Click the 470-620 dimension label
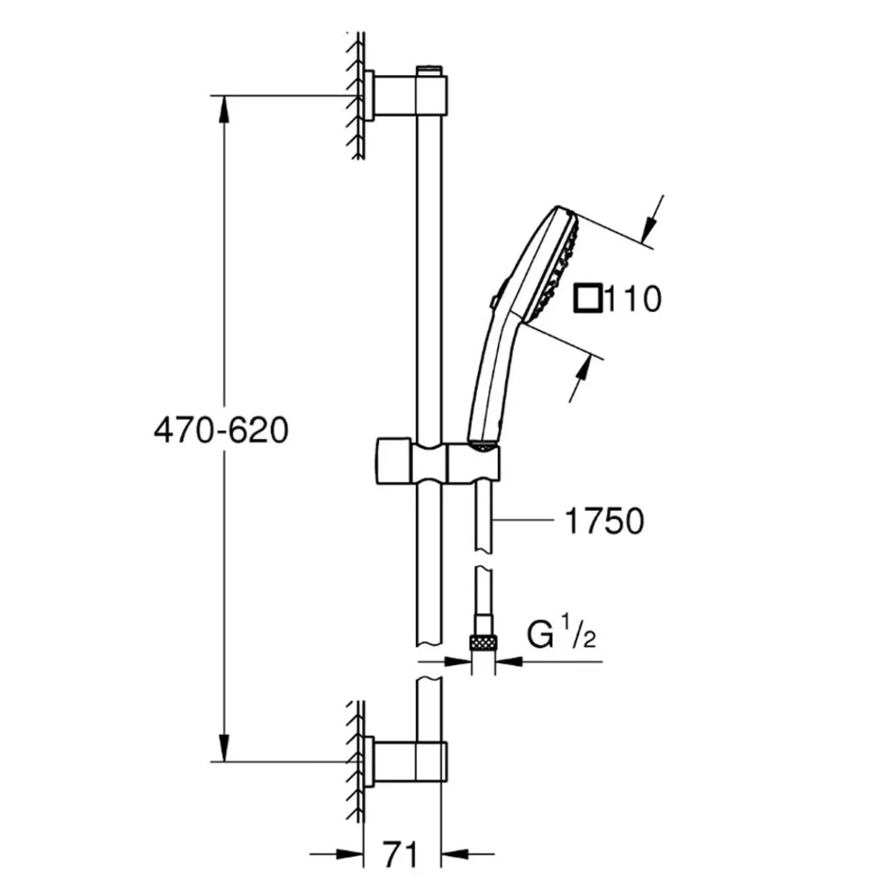coord(221,431)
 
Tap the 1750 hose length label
coord(604,521)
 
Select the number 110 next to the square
coord(633,299)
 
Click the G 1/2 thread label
coord(561,630)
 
